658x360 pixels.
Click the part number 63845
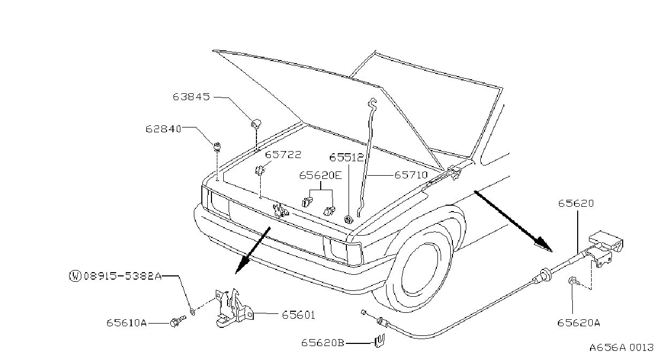191,96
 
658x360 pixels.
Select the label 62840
164,129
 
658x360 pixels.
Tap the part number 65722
283,155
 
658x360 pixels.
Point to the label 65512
346,157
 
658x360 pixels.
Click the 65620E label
321,175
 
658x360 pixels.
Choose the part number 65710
411,175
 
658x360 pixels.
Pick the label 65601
298,315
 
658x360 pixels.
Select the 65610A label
126,323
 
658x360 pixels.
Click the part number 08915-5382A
123,276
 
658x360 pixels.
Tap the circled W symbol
75,276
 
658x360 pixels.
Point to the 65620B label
322,343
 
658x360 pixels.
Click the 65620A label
578,323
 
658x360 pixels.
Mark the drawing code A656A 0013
622,348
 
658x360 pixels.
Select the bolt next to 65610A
178,321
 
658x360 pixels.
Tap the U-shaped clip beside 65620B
380,340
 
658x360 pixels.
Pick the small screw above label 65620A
573,282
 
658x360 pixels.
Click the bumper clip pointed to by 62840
217,146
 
